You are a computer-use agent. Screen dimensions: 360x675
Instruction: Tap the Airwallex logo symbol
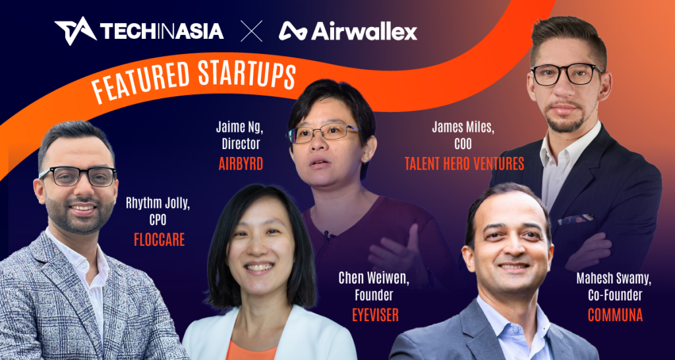click(x=291, y=30)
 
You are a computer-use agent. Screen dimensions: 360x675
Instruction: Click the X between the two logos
click(x=251, y=30)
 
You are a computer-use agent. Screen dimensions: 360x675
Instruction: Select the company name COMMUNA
click(x=615, y=315)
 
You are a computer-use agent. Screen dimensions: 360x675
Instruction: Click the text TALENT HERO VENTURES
click(x=464, y=164)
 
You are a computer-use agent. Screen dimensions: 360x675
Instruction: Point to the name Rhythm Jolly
click(x=158, y=204)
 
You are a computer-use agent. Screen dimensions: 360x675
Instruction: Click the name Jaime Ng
click(x=238, y=127)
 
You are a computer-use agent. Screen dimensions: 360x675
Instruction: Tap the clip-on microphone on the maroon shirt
click(x=326, y=234)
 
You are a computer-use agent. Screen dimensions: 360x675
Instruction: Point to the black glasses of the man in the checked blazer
click(x=78, y=176)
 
